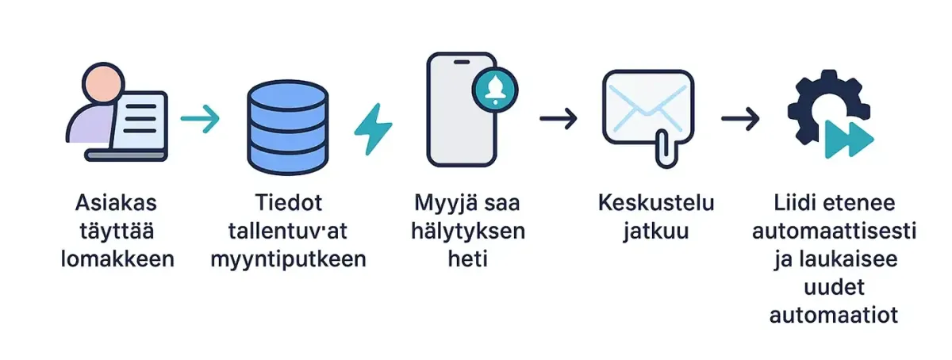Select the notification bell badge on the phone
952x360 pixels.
[x=493, y=87]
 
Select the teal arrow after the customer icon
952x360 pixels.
[x=200, y=121]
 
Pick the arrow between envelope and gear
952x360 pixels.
[x=740, y=119]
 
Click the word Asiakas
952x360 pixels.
[x=117, y=204]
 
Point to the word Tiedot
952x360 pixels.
[x=288, y=204]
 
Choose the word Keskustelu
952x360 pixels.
[x=656, y=204]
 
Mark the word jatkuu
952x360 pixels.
[x=656, y=232]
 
